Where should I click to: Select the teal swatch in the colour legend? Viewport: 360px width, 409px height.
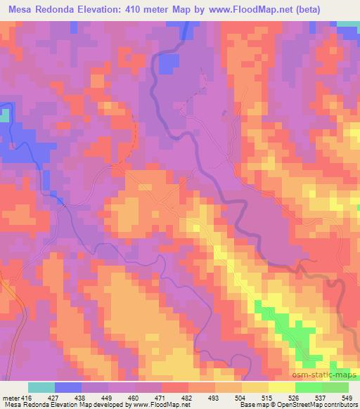pyautogui.click(x=41, y=387)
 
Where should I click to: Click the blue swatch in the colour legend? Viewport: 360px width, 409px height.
pyautogui.click(x=68, y=387)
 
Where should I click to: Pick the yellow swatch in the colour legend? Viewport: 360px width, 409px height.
pyautogui.click(x=255, y=387)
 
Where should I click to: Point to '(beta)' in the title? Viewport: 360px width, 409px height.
pyautogui.click(x=339, y=9)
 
